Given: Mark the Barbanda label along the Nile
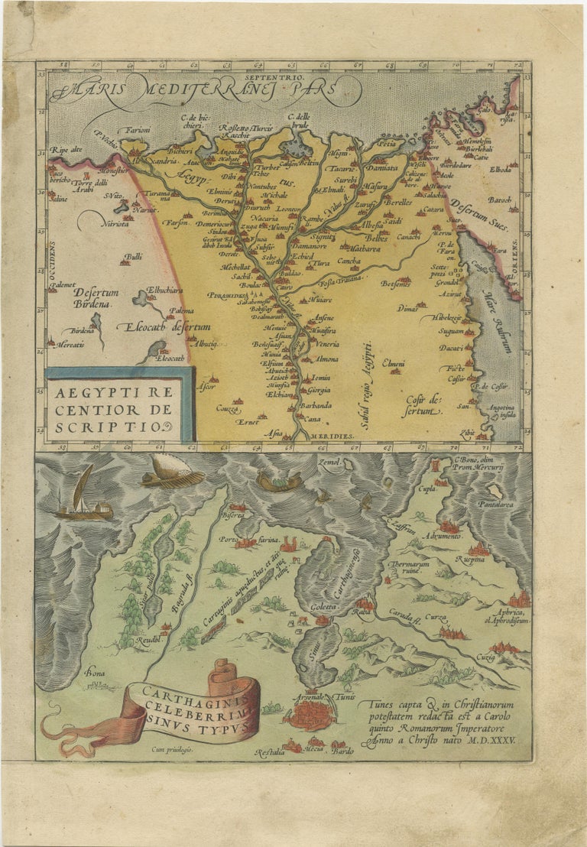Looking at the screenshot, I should click(315, 405).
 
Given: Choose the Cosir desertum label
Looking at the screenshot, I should click(424, 404).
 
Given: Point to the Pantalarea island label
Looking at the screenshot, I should click(495, 505).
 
